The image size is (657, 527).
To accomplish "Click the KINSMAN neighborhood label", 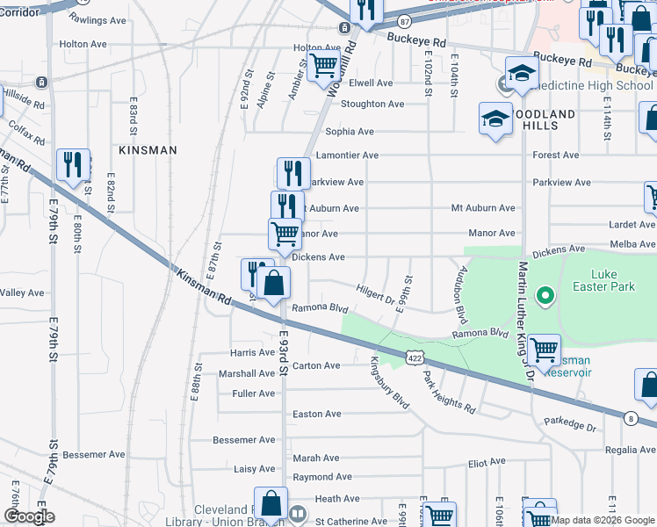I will pos(148,150).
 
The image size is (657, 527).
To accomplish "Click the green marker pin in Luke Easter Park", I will pos(545,296).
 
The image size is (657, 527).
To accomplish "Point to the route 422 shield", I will pos(416,357).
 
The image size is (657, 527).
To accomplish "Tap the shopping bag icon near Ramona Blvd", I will pos(273,285).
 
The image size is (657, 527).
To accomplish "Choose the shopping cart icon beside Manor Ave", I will pos(285,235).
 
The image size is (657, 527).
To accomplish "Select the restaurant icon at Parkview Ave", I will pos(293,173).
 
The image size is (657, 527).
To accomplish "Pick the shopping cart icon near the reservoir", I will pos(544,350).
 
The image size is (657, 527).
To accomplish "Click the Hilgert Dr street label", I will pos(376,294).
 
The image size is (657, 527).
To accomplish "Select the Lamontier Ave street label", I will pos(351,155).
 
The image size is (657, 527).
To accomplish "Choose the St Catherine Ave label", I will pos(350,521).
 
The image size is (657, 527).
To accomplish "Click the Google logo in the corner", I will pos(30,516).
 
